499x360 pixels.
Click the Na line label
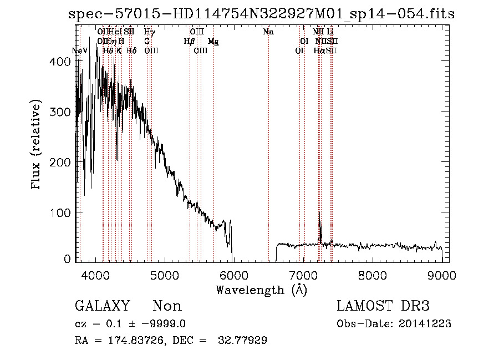pos(268,32)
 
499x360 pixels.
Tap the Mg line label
pos(213,42)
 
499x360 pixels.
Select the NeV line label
pos(80,50)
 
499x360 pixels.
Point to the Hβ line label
pos(190,42)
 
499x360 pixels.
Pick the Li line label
pos(330,32)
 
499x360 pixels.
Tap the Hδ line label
pos(131,50)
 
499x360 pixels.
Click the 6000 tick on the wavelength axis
pos(233,276)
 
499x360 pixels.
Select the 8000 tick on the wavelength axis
pos(373,276)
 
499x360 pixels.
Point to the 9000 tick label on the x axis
pos(442,276)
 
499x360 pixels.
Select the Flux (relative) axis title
pos(37,145)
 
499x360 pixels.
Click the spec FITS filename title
pos(261,14)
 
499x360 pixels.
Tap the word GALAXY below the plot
pos(103,306)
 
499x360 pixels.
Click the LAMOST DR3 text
pos(383,306)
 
